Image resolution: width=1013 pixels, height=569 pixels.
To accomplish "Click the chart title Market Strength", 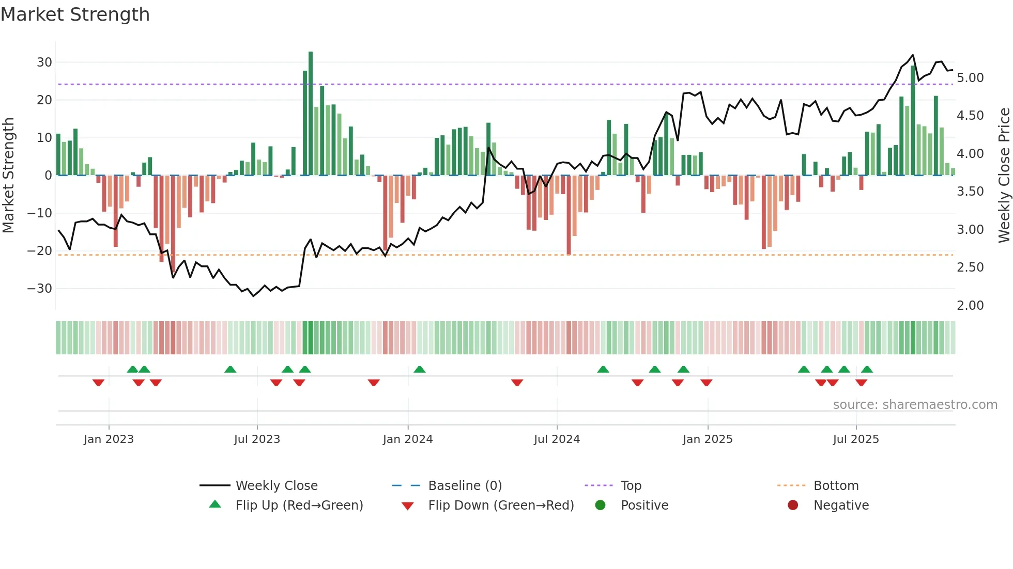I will [75, 14].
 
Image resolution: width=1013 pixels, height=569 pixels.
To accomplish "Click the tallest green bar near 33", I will [311, 114].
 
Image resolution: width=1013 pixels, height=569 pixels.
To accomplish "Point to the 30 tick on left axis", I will [44, 62].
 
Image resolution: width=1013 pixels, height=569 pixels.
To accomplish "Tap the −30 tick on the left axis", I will [40, 289].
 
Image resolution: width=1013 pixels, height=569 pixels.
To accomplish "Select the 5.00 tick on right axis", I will [970, 78].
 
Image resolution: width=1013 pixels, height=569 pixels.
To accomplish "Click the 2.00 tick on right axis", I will [970, 306].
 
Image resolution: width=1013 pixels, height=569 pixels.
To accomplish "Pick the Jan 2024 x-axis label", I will [408, 439].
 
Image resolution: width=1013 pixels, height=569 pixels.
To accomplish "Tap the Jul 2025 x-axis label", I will [856, 439].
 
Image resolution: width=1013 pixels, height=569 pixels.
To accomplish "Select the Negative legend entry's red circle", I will [793, 505].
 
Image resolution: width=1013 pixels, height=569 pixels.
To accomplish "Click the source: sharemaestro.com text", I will [915, 405].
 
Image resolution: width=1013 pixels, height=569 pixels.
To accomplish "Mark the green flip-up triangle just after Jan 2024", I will [420, 369].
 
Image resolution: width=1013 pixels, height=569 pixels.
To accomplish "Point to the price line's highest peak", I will [913, 55].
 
